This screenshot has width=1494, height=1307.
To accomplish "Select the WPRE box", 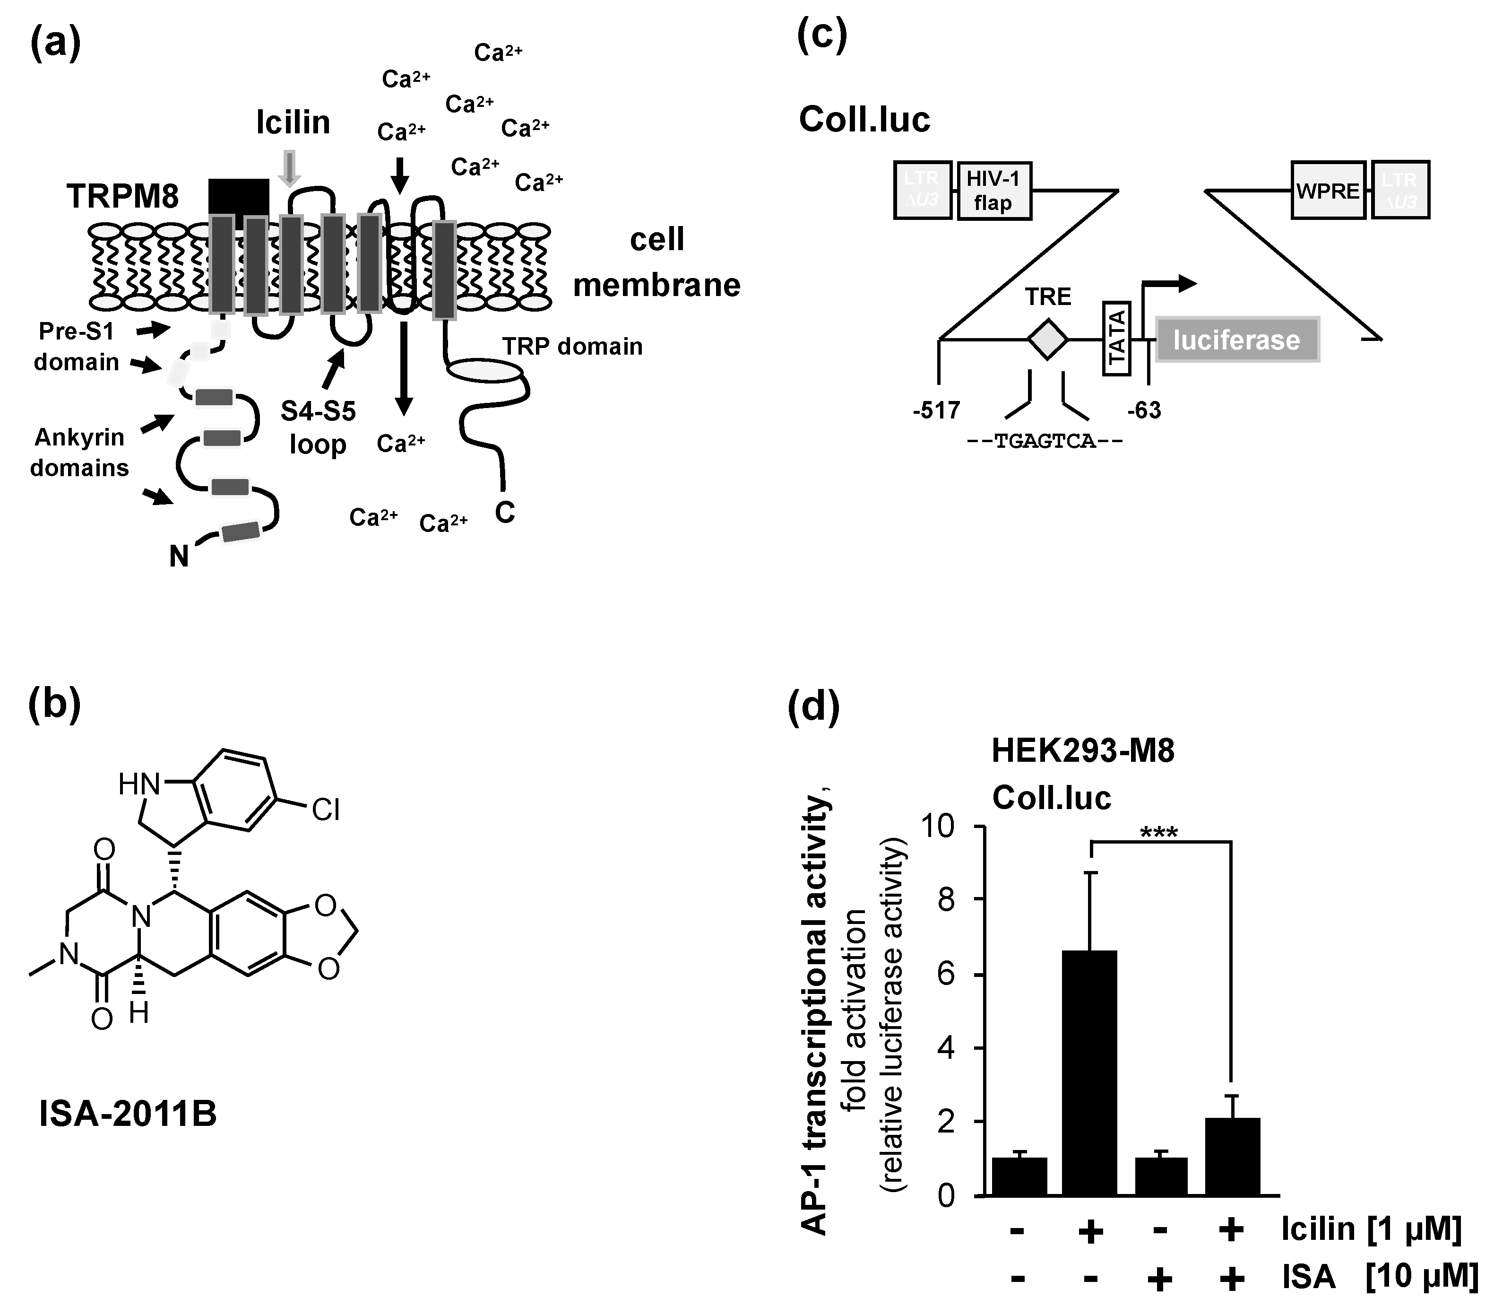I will (1328, 191).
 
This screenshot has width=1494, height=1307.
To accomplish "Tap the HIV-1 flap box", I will (993, 191).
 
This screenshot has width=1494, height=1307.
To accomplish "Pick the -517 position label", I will (936, 410).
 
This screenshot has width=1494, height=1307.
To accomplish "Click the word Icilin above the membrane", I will (293, 122).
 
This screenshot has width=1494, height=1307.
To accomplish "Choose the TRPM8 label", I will (122, 196).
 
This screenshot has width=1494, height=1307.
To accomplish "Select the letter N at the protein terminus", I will (179, 557).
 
